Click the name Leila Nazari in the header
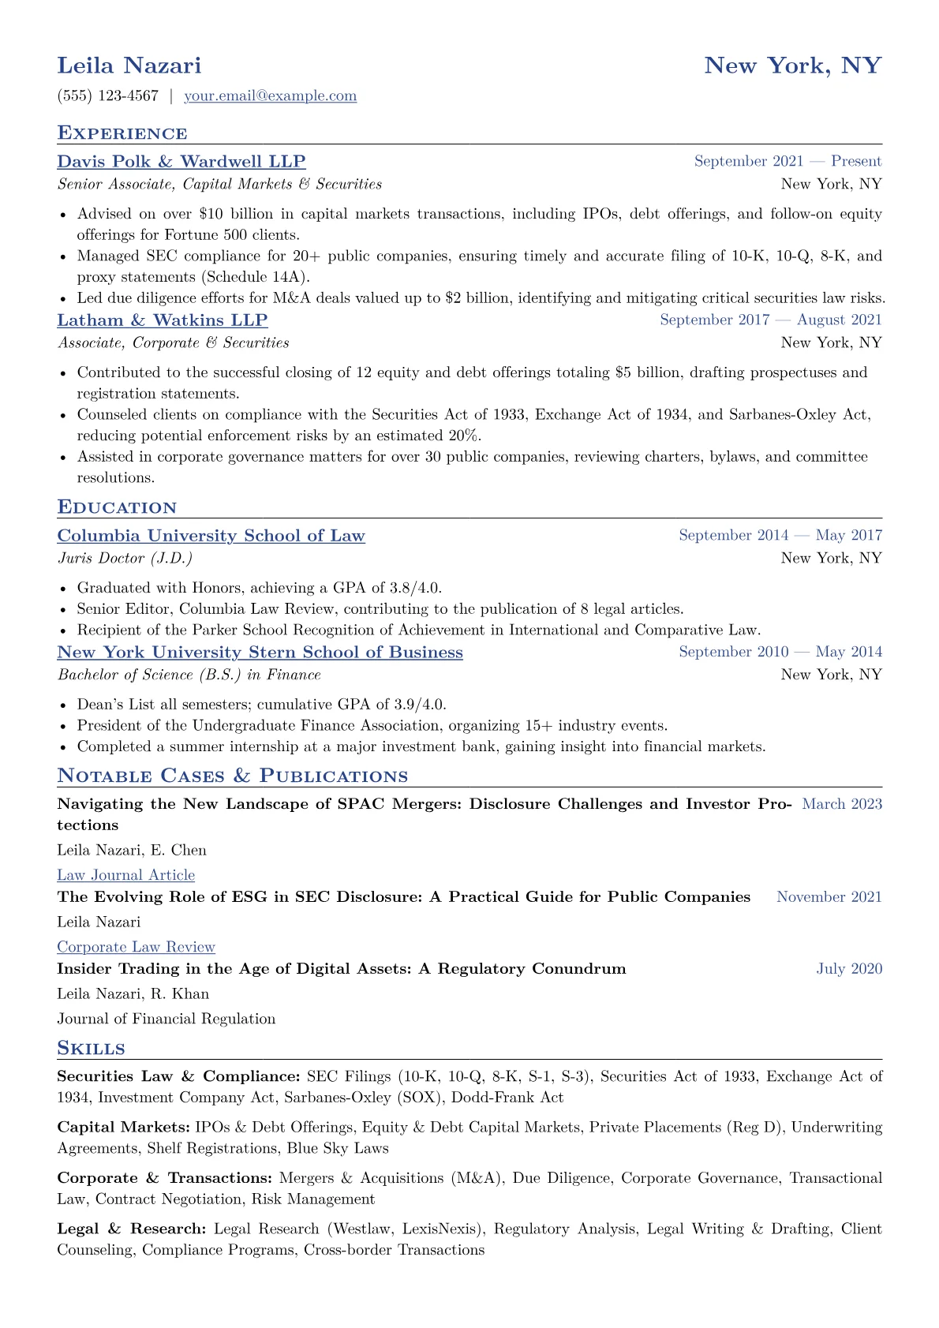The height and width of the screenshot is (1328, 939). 129,65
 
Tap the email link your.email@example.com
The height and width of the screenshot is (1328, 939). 270,96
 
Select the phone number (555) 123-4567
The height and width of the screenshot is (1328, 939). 107,96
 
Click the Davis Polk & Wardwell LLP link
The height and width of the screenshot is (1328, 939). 181,162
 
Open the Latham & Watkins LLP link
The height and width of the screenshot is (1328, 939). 162,320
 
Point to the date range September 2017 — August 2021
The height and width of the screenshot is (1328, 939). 770,320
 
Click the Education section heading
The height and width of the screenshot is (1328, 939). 117,507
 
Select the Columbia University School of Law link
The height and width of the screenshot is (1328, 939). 211,536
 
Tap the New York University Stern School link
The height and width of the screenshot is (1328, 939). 260,653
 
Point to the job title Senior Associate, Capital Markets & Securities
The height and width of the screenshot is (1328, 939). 219,185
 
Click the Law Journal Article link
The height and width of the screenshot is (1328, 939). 125,875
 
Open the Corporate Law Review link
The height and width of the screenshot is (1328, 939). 136,947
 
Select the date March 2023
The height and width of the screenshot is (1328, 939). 841,804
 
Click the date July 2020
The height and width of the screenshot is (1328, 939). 849,969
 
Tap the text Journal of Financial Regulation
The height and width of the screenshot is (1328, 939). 166,1019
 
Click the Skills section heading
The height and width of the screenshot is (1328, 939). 91,1049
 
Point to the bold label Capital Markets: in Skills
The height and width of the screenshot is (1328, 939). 123,1128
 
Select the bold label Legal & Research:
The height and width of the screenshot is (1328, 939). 132,1229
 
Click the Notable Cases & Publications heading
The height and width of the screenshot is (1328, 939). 232,776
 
